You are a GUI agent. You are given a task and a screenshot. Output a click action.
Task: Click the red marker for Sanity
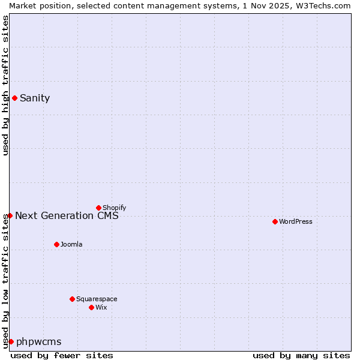pyautogui.click(x=14, y=98)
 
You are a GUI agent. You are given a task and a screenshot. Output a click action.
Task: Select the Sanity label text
pyautogui.click(x=35, y=98)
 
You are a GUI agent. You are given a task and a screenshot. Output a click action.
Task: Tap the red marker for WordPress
pyautogui.click(x=275, y=221)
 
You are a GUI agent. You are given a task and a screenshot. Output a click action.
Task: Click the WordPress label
pyautogui.click(x=296, y=221)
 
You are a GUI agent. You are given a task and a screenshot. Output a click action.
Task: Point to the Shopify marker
pyautogui.click(x=98, y=208)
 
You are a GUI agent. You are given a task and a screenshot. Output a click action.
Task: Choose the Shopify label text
pyautogui.click(x=114, y=208)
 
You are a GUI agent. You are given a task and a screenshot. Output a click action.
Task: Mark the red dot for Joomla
pyautogui.click(x=56, y=244)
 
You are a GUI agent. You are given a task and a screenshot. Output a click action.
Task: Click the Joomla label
pyautogui.click(x=71, y=244)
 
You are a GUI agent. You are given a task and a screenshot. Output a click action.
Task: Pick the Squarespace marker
pyautogui.click(x=72, y=299)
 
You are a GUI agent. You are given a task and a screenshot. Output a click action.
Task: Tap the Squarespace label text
pyautogui.click(x=97, y=299)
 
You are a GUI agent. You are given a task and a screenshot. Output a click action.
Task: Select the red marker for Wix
pyautogui.click(x=91, y=307)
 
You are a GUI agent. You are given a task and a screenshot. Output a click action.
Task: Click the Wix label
pyautogui.click(x=101, y=307)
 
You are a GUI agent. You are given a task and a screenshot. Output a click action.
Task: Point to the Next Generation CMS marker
pyautogui.click(x=10, y=215)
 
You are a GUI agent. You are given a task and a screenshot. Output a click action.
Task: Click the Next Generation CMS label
pyautogui.click(x=67, y=216)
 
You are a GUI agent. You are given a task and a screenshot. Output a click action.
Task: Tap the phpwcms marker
pyautogui.click(x=11, y=341)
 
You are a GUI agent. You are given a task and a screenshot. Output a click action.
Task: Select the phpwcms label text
pyautogui.click(x=39, y=342)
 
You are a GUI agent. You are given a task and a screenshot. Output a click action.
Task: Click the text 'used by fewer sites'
pyautogui.click(x=62, y=355)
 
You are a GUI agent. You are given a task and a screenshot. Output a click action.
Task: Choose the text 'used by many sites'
pyautogui.click(x=301, y=355)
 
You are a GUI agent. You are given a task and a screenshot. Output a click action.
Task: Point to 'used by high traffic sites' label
pyautogui.click(x=5, y=85)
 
